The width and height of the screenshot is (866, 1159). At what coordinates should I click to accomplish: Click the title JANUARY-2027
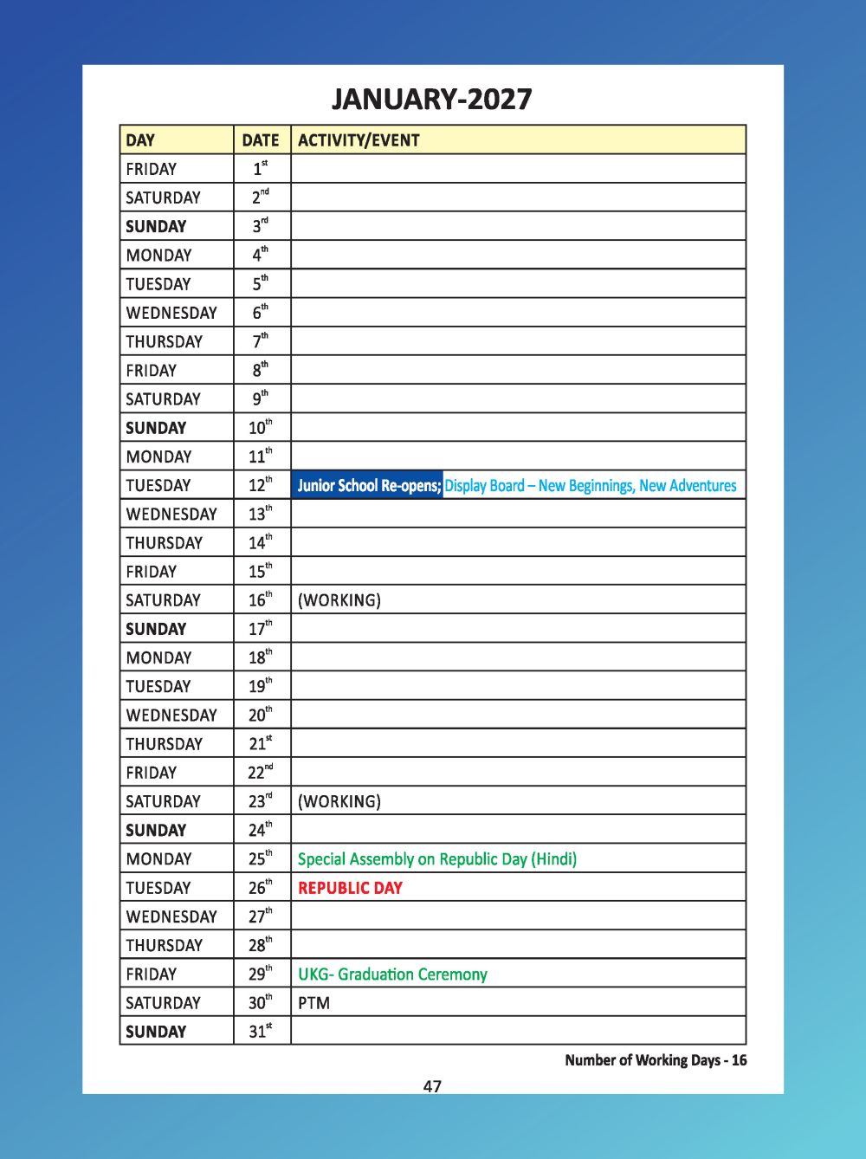(431, 99)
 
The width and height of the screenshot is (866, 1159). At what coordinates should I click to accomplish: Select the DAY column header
(140, 140)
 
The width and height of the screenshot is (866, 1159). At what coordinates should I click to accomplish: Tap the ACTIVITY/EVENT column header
(359, 140)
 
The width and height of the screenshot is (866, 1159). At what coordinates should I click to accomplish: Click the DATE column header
(261, 140)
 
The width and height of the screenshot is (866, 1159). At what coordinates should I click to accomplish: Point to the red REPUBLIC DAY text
(350, 888)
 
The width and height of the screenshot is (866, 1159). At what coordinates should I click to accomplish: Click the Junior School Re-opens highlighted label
(369, 485)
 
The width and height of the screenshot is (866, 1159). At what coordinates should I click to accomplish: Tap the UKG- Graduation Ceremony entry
(392, 974)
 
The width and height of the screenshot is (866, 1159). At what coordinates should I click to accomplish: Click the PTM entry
(313, 1003)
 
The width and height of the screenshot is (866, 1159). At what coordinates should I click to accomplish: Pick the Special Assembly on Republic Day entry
(436, 859)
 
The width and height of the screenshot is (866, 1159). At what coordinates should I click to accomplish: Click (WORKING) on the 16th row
(339, 600)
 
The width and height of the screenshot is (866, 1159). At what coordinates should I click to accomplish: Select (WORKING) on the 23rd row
(339, 801)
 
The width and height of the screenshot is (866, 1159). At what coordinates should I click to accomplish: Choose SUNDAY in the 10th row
(156, 428)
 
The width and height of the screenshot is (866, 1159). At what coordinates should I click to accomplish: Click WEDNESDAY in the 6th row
(171, 313)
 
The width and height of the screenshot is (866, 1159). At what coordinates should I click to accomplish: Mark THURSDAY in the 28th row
(164, 945)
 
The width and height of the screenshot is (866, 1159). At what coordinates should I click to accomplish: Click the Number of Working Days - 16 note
(656, 1060)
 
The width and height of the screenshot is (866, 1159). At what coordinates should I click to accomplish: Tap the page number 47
(432, 1086)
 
